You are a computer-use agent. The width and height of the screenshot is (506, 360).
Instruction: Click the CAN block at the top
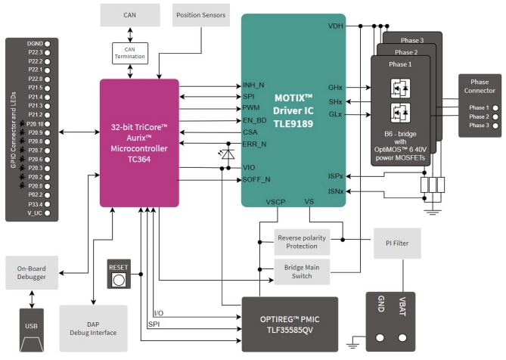coord(130,14)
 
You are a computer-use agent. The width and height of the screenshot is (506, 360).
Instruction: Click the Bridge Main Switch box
coord(302,269)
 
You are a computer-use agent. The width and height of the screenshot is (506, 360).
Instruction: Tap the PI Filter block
coord(396,243)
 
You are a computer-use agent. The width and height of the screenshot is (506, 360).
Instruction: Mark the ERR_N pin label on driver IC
coord(254,144)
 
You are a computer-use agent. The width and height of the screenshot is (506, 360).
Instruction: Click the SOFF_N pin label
coord(256,179)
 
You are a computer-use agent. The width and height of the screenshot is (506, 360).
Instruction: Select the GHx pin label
coord(335,87)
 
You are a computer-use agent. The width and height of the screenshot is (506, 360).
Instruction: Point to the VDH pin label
coord(335,26)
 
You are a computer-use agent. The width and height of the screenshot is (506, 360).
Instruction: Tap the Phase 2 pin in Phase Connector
coord(478,116)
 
